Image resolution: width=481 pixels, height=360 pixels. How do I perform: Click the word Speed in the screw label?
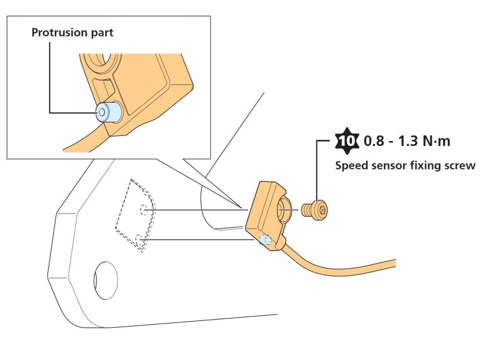(348, 166)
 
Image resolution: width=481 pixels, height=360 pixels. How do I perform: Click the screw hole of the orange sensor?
(283, 210)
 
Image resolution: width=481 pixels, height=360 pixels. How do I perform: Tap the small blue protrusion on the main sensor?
(265, 240)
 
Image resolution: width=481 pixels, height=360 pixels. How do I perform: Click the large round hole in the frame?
(106, 279)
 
